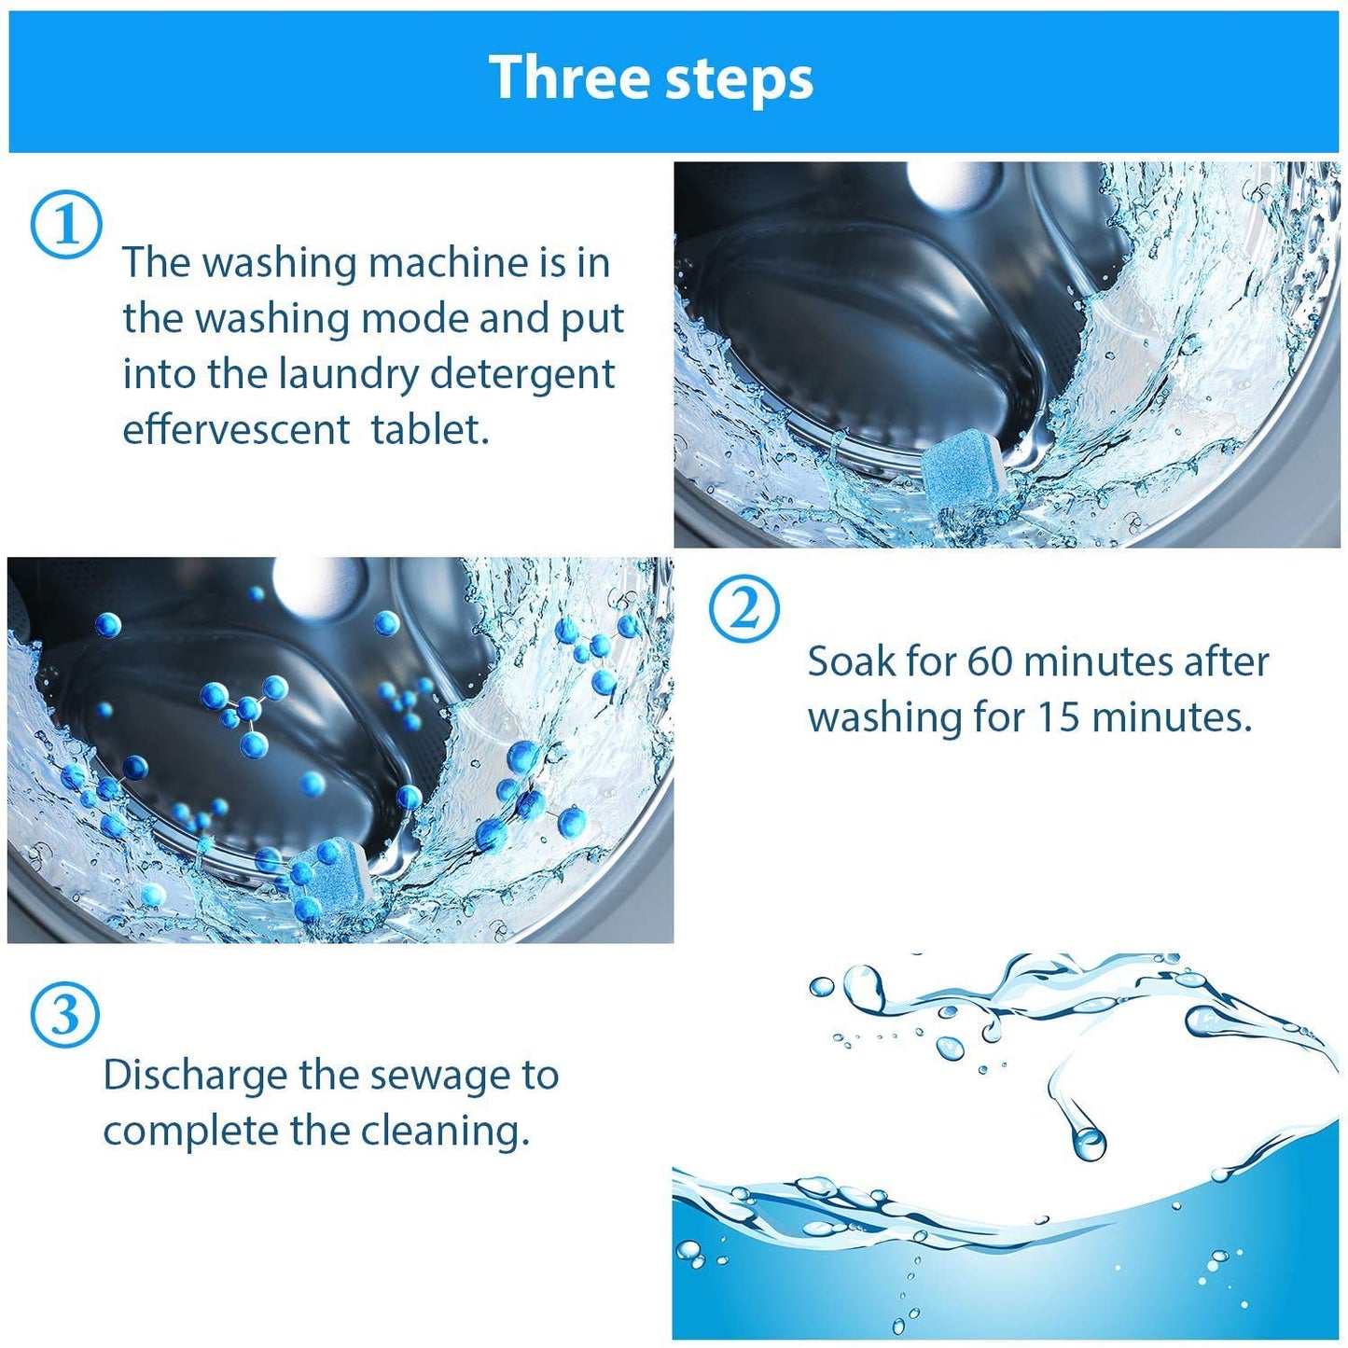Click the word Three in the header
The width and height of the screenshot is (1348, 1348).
[x=570, y=77]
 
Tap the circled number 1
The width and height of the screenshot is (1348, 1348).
[x=65, y=225]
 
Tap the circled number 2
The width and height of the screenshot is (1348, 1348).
[x=743, y=610]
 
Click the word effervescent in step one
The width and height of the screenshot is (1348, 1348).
[x=236, y=429]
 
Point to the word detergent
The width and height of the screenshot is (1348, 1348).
[x=522, y=375]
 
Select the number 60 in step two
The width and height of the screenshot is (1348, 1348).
[x=990, y=661]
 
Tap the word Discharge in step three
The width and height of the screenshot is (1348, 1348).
[x=195, y=1077]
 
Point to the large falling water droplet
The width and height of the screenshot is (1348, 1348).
[x=1087, y=1140]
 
